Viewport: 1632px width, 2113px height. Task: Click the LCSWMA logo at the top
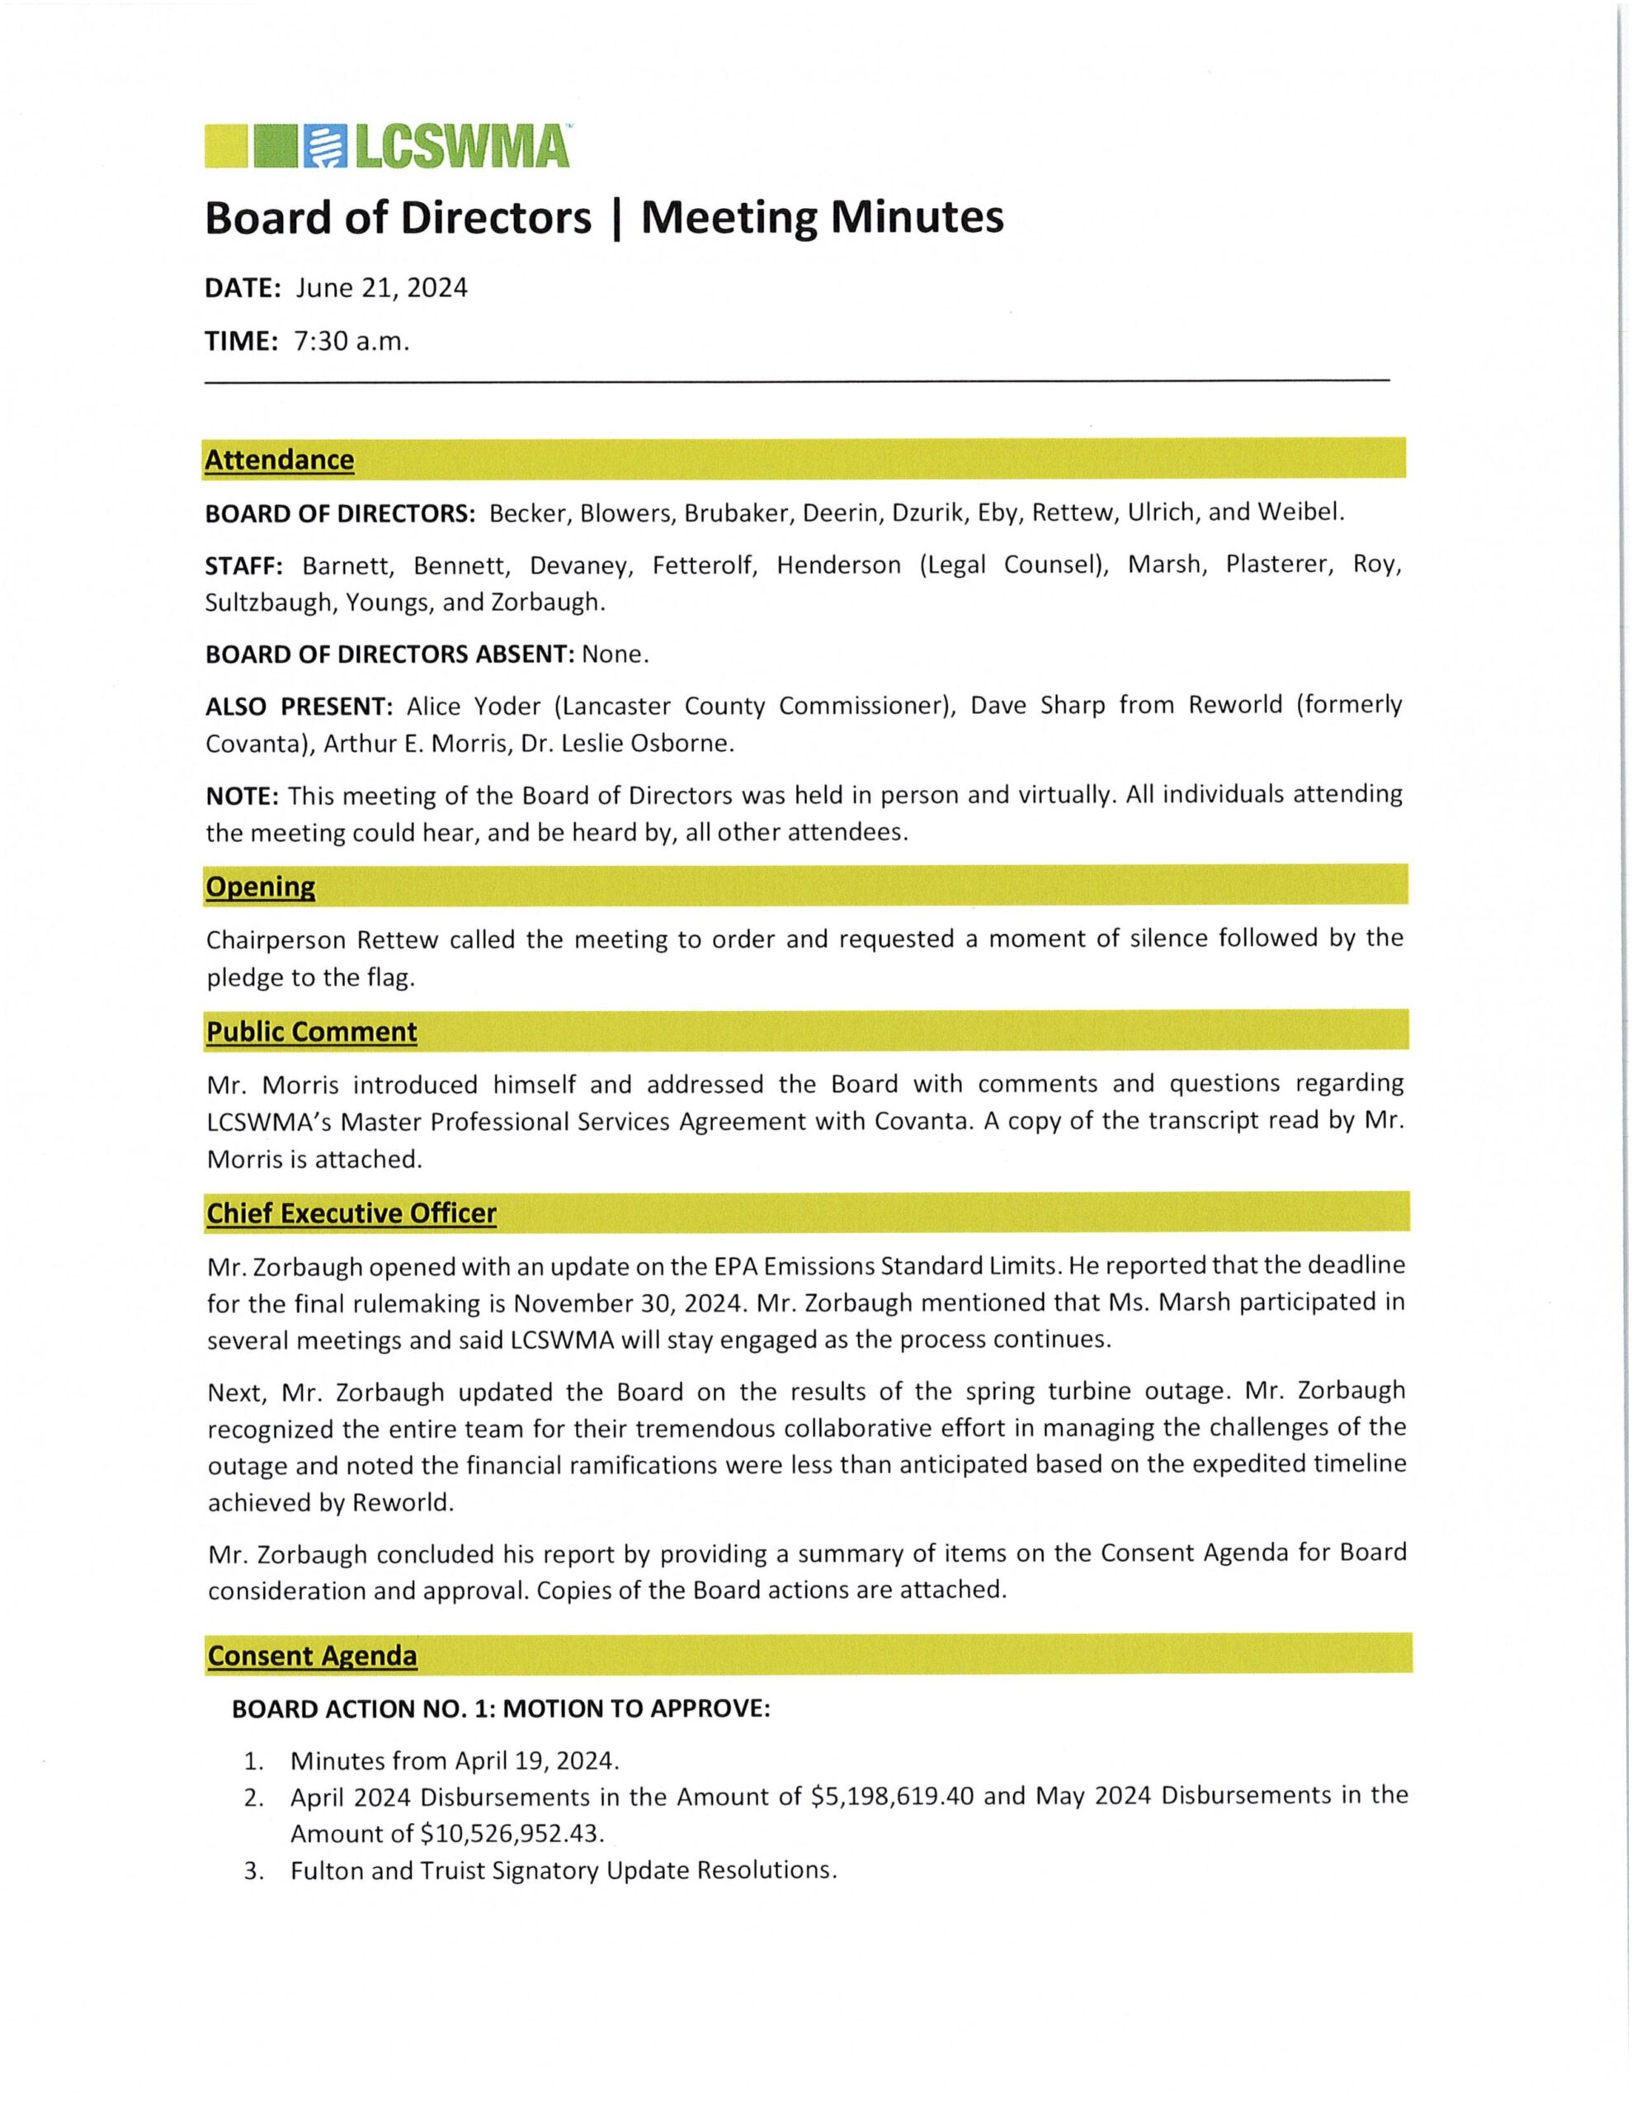pyautogui.click(x=387, y=146)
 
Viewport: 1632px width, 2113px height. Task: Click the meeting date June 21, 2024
pyautogui.click(x=381, y=288)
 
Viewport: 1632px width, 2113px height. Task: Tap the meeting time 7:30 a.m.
pyautogui.click(x=351, y=342)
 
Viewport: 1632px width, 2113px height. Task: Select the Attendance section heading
pyautogui.click(x=280, y=460)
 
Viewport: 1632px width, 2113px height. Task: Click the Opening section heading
pyautogui.click(x=260, y=886)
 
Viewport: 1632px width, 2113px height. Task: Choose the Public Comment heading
pyautogui.click(x=312, y=1032)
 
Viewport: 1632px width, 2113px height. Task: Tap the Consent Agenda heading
pyautogui.click(x=313, y=1656)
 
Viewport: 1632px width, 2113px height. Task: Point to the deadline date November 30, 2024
pyautogui.click(x=630, y=1302)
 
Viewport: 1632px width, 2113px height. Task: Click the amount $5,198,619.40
pyautogui.click(x=894, y=1796)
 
